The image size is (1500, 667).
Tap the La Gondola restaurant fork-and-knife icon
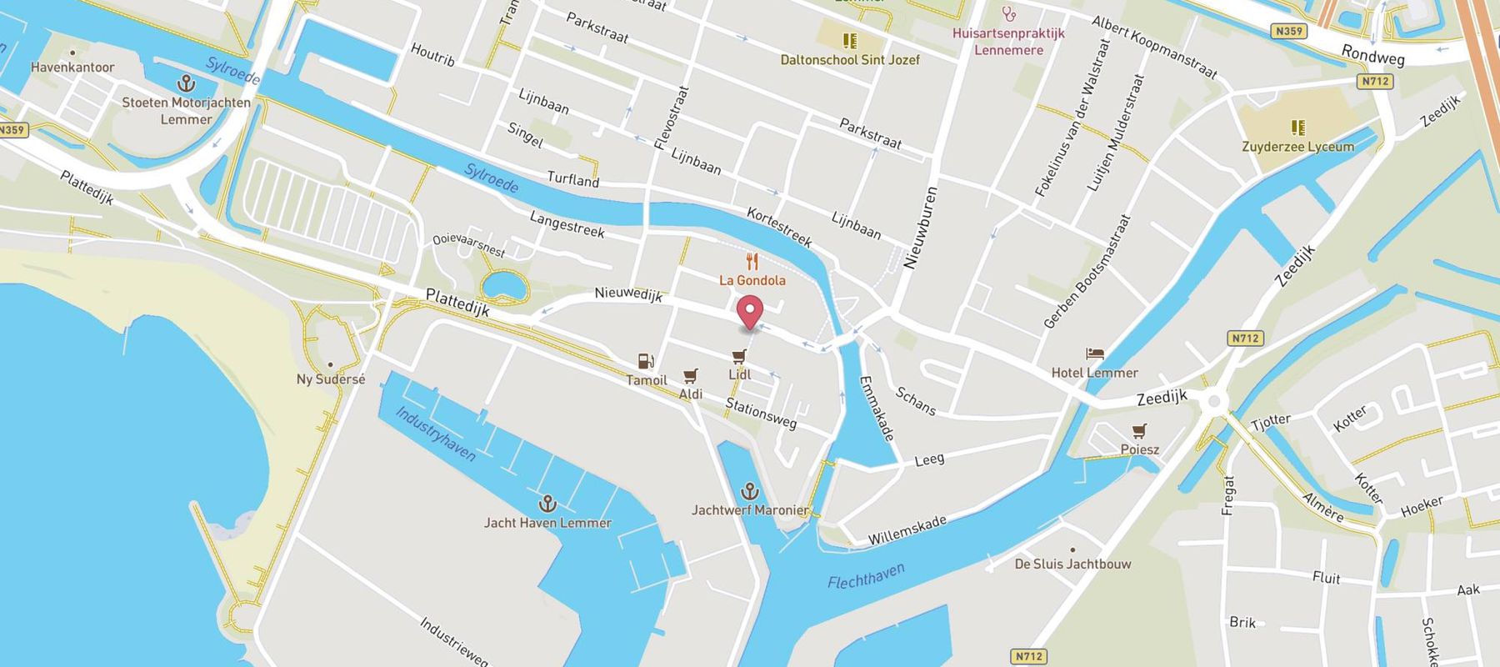pos(752,262)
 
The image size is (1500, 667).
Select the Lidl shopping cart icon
pos(739,356)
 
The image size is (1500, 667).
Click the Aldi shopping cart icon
pos(690,376)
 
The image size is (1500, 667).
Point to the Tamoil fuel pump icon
pos(645,361)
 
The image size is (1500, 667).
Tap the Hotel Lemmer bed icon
pos(1094,354)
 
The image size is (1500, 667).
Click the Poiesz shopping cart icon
pos(1139,431)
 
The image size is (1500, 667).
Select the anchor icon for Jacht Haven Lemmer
pos(547,504)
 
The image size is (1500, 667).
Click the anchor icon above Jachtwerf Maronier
pos(750,490)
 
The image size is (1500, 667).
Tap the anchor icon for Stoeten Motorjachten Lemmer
pos(186,83)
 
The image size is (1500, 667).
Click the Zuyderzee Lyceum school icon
pos(1297,128)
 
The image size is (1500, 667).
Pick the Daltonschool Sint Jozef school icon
pos(849,41)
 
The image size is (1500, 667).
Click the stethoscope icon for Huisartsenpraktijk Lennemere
pos(1009,14)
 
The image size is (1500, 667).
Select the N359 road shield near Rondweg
pos(1288,32)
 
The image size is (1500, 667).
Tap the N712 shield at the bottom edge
pos(1029,656)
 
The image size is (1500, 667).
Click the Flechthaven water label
pos(866,576)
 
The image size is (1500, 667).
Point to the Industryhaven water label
pos(435,434)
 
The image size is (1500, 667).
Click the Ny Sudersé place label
pos(331,379)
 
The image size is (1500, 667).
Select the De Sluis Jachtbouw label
pos(1072,564)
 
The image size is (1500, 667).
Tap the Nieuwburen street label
pos(921,228)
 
